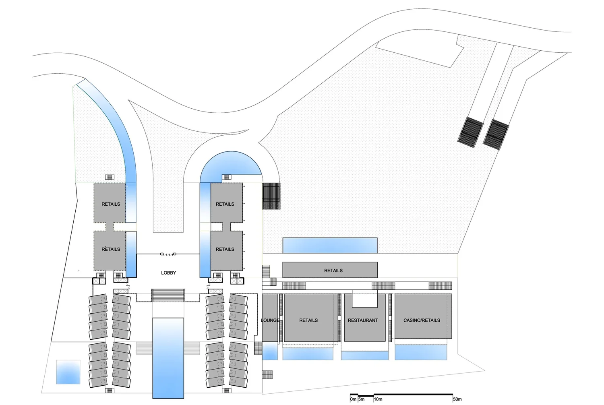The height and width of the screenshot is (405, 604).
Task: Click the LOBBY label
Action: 168,273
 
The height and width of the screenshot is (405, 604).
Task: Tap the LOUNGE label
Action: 270,320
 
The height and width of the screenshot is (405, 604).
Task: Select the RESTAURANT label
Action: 363,320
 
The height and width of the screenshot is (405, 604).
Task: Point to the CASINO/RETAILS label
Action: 422,320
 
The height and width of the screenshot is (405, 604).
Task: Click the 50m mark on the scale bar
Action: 457,399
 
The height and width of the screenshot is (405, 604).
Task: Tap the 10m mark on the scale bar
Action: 378,399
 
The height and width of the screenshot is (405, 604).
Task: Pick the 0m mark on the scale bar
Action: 353,399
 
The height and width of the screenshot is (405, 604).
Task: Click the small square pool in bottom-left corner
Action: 68,372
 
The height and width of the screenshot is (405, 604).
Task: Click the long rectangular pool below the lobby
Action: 168,357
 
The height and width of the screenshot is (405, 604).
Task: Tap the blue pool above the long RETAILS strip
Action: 330,245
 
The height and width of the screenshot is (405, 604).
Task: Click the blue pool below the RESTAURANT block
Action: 365,355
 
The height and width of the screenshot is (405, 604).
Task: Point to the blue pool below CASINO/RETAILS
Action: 421,352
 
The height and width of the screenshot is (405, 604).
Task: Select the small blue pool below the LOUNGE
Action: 270,351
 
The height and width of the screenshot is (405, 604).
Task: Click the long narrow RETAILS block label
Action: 333,271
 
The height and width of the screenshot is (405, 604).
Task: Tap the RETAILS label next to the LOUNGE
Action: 308,320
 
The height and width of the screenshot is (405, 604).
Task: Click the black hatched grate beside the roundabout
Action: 271,196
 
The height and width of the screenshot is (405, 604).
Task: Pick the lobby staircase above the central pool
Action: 168,295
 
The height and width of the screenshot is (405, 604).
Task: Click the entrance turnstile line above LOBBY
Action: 168,254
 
